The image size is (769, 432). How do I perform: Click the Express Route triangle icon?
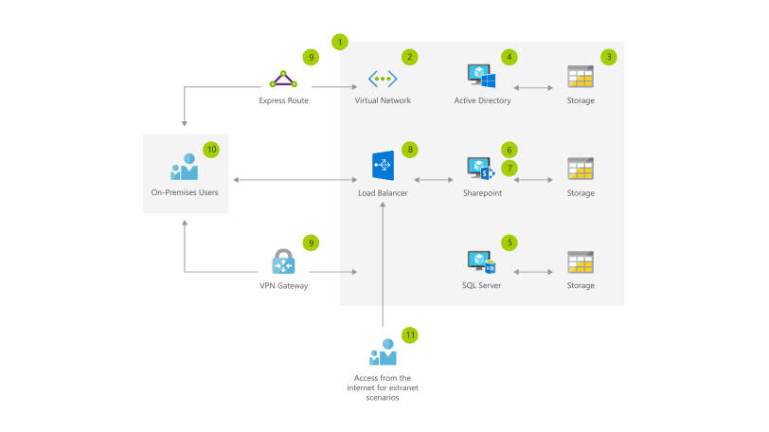coord(283,78)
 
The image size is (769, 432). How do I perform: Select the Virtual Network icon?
coord(382,78)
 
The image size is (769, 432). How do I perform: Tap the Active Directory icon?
coord(482,77)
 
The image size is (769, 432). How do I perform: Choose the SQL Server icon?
coord(482,261)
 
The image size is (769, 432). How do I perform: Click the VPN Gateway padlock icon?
coord(283,261)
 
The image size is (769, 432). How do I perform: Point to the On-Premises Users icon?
coord(185,167)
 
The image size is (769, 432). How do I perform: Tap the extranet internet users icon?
coord(383,353)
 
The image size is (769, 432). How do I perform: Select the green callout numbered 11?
coord(409,334)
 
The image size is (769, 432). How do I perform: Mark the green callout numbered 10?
coord(211,149)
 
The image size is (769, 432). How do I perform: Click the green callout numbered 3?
coord(610,57)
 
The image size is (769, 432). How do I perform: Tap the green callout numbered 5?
coord(510,243)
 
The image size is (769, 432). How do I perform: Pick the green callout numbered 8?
coord(409,150)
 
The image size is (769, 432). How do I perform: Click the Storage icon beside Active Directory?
coord(580,77)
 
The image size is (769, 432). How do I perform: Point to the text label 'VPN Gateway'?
coord(283,285)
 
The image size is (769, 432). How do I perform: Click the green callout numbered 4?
coord(510,57)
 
